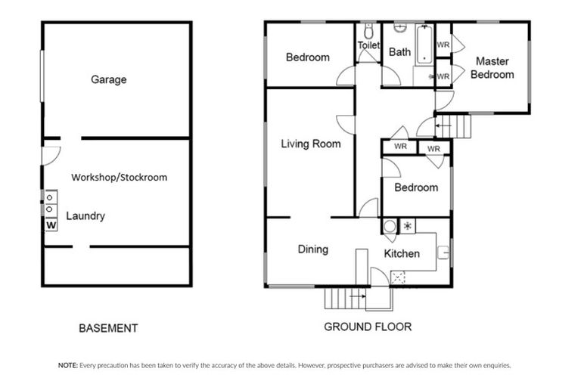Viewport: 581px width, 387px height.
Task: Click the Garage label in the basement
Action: (x=108, y=79)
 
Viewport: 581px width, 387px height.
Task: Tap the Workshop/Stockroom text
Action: (x=119, y=178)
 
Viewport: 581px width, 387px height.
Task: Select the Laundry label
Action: (x=85, y=216)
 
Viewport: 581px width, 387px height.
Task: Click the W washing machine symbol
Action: (x=51, y=225)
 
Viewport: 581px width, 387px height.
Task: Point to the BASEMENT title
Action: (x=108, y=329)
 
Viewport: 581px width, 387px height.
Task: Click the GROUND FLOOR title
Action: (x=368, y=327)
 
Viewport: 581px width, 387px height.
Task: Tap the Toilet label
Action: (x=368, y=46)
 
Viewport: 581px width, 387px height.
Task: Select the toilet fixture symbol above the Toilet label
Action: (x=368, y=32)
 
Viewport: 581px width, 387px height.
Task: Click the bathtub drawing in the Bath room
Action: (x=422, y=44)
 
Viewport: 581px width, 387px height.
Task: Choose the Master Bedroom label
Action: (x=491, y=68)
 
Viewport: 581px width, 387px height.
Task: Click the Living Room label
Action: (x=310, y=144)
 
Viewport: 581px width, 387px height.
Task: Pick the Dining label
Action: (x=312, y=249)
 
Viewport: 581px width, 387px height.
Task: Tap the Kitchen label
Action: (x=401, y=254)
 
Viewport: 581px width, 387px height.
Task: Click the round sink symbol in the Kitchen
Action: (x=390, y=226)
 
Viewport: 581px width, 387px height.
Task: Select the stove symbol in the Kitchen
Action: (x=407, y=226)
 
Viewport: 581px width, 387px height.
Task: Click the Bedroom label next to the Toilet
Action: (x=307, y=57)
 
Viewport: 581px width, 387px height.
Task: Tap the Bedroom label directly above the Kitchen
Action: (x=415, y=187)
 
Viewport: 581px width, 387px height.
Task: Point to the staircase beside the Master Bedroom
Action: (x=454, y=125)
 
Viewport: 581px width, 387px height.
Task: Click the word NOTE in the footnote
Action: (x=67, y=365)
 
